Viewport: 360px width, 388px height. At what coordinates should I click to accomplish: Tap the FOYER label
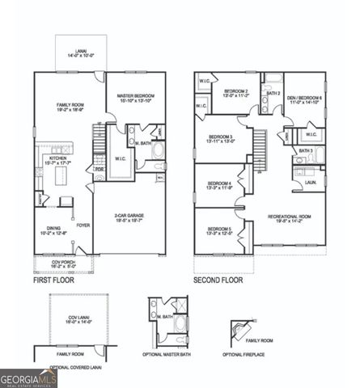(x=83, y=226)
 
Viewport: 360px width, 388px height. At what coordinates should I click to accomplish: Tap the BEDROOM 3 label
(x=221, y=137)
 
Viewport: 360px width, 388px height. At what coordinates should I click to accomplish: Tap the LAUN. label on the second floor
(x=310, y=182)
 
